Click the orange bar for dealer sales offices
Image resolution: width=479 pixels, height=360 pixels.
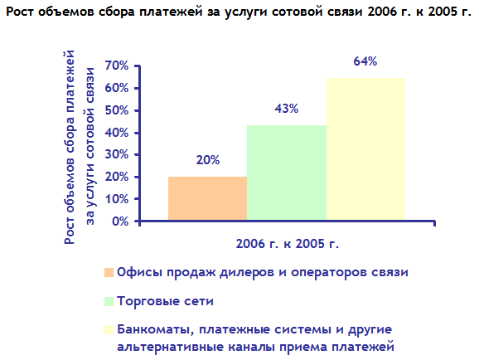pyautogui.click(x=207, y=198)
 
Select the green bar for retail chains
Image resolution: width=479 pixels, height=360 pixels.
pyautogui.click(x=287, y=173)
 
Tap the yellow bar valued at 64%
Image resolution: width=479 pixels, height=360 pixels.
pyautogui.click(x=365, y=149)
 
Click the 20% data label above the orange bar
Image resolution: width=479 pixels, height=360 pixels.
pyautogui.click(x=208, y=160)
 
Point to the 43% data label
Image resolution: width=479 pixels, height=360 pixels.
pyautogui.click(x=286, y=109)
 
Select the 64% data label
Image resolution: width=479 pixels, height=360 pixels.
pyautogui.click(x=365, y=61)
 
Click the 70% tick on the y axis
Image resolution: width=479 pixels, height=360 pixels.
pyautogui.click(x=117, y=66)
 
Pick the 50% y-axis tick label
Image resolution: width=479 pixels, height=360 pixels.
pyautogui.click(x=117, y=110)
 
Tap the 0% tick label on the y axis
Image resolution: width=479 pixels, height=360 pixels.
pyautogui.click(x=120, y=221)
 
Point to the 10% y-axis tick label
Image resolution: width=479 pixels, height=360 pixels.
pyautogui.click(x=117, y=199)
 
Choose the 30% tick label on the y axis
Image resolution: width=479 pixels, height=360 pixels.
pyautogui.click(x=117, y=154)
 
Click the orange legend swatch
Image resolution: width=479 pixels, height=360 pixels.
pyautogui.click(x=109, y=272)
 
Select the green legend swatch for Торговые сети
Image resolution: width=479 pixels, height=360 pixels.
pyautogui.click(x=109, y=301)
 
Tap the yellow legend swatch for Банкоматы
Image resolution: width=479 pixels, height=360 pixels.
pyautogui.click(x=109, y=329)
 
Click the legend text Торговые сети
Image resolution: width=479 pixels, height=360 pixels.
pyautogui.click(x=165, y=301)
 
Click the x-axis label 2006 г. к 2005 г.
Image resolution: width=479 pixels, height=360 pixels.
pyautogui.click(x=288, y=244)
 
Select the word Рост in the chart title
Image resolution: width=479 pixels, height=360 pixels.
pyautogui.click(x=21, y=12)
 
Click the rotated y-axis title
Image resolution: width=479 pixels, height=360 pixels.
pyautogui.click(x=80, y=147)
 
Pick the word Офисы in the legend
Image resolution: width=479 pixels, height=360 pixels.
pyautogui.click(x=139, y=272)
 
